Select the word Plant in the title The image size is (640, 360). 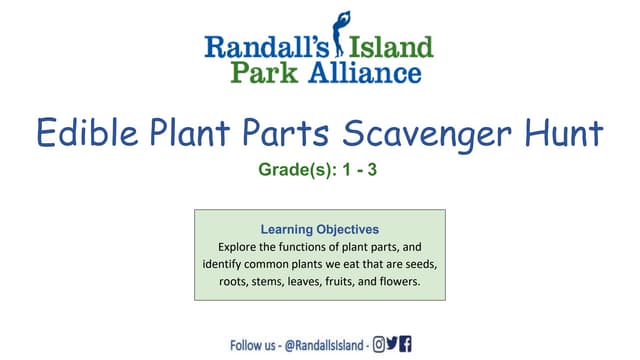210,133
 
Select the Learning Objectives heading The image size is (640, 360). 319,228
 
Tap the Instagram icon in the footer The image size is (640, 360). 379,344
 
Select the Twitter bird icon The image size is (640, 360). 392,344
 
